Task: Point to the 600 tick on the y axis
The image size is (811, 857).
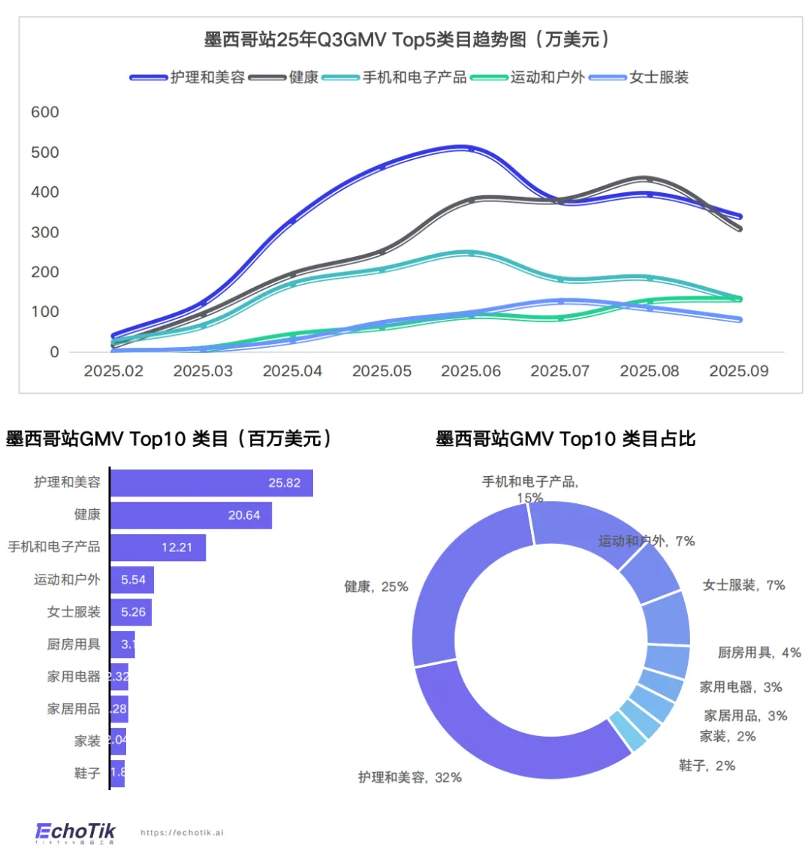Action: click(45, 113)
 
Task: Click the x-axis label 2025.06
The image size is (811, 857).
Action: click(471, 371)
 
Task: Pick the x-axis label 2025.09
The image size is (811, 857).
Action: click(739, 371)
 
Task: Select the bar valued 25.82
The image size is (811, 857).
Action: click(211, 483)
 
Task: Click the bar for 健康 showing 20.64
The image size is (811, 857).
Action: click(191, 515)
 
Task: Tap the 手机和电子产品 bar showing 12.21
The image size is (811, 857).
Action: click(158, 548)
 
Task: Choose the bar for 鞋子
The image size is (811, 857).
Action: click(117, 773)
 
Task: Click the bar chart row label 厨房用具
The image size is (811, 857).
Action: click(74, 644)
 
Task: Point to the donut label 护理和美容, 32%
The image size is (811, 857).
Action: click(410, 777)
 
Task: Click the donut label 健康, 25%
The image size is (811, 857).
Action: click(376, 587)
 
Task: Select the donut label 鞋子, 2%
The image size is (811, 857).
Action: click(707, 766)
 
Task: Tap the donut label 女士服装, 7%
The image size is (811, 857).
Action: click(743, 585)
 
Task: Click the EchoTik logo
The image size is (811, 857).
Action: click(76, 832)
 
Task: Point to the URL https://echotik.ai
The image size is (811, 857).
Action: click(182, 833)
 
